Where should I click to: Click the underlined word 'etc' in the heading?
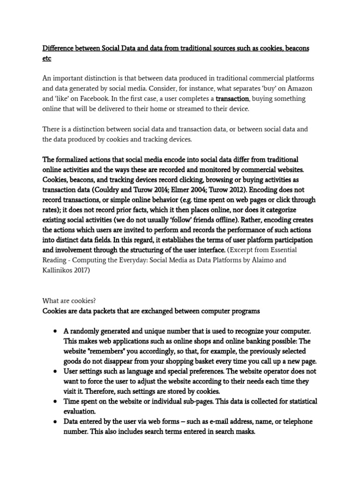click(47, 59)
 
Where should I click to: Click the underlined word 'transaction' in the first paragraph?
click(232, 99)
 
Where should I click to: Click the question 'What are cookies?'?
click(69, 300)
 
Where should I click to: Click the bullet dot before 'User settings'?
click(55, 371)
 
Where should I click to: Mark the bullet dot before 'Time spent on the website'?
click(55, 402)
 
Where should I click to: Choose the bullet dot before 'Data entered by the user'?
click(55, 422)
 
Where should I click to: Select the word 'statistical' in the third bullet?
click(299, 402)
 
